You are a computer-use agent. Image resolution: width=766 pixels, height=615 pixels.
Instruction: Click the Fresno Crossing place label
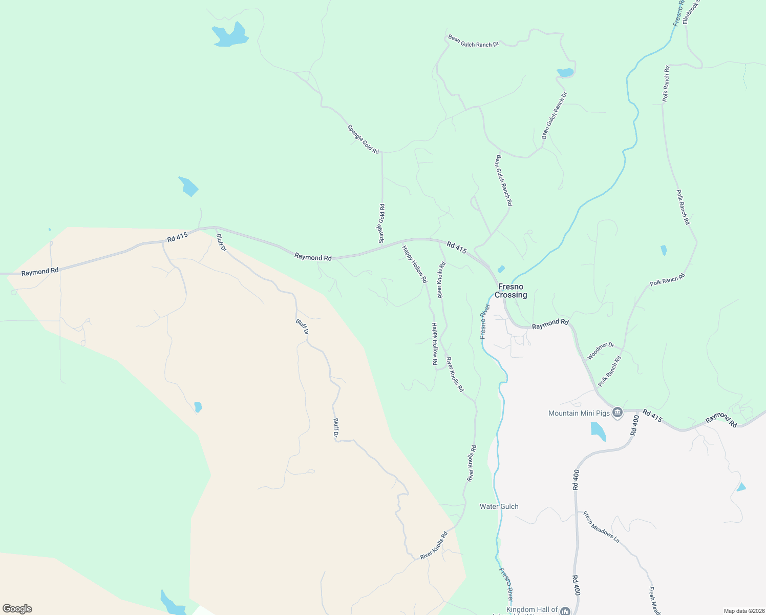click(510, 291)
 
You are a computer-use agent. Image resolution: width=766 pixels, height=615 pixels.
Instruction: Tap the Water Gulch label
click(499, 506)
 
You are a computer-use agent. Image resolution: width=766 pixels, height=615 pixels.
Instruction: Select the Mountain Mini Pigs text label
click(579, 413)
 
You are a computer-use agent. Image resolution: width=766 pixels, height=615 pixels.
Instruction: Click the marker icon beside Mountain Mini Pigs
click(618, 413)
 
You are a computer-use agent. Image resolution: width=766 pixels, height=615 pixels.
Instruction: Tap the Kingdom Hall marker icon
click(565, 611)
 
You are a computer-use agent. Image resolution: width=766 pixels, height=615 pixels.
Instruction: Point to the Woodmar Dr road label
click(600, 351)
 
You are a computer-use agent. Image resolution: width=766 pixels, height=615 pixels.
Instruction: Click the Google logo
click(17, 608)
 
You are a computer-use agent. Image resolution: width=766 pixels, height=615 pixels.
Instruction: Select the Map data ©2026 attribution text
click(744, 611)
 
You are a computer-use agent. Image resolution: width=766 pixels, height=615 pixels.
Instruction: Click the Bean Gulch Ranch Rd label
click(503, 180)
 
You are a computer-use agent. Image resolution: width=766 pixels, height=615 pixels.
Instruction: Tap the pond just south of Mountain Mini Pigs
click(598, 430)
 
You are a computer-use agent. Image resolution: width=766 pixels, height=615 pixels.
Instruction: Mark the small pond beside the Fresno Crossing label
click(501, 269)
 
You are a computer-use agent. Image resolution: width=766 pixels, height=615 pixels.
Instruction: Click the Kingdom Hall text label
click(531, 609)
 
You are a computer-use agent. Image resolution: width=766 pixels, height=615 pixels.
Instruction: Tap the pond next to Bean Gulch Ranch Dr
click(565, 72)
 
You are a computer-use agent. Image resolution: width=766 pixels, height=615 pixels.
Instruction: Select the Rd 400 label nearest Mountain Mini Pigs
click(635, 425)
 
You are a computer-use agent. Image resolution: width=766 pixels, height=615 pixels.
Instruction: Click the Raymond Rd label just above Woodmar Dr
click(550, 324)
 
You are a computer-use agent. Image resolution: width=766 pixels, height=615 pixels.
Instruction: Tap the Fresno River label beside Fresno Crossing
click(484, 321)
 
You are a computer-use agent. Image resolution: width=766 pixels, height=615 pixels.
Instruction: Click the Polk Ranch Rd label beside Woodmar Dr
click(609, 371)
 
